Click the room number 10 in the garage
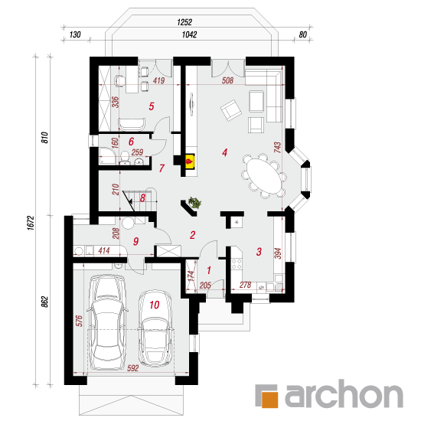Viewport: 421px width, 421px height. (155, 305)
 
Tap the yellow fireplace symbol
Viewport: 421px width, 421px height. (190, 161)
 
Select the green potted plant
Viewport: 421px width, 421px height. (195, 202)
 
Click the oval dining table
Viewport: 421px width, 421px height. (264, 175)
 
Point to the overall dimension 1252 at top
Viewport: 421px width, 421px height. (184, 22)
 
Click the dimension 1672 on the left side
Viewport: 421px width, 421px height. (31, 223)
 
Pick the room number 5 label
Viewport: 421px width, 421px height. (152, 106)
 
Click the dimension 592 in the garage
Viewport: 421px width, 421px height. (132, 368)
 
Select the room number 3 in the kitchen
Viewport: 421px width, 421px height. (259, 252)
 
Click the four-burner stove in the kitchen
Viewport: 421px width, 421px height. (237, 263)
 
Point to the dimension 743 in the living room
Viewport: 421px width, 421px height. (278, 148)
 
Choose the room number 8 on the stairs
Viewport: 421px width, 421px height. (142, 198)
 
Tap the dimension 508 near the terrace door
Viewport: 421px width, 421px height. (227, 80)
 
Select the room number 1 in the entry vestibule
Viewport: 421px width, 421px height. (209, 270)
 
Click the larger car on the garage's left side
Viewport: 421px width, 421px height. (107, 321)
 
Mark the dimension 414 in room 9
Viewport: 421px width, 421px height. (104, 251)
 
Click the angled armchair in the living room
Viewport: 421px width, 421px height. (231, 110)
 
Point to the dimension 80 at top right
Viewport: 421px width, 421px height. (302, 34)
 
